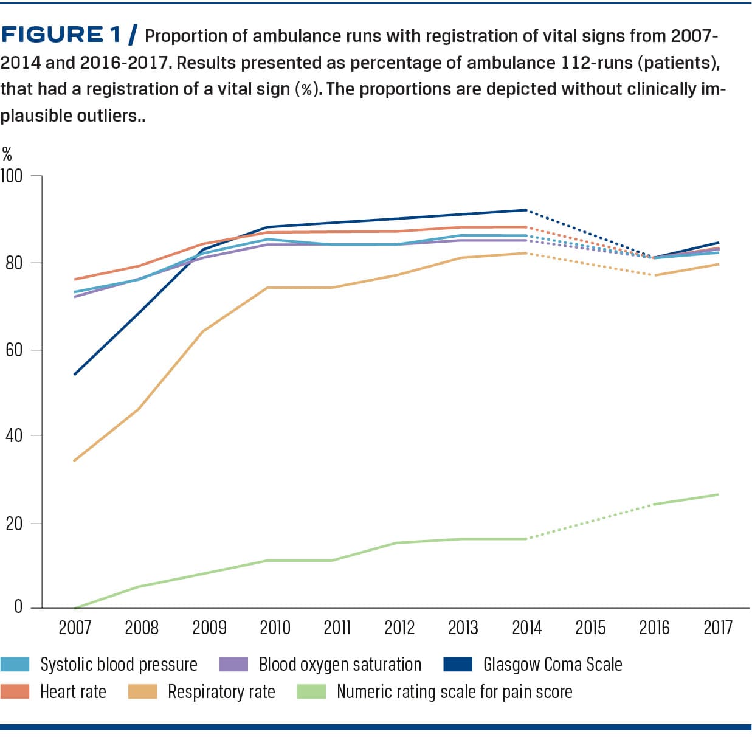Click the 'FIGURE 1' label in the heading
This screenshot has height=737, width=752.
point(61,35)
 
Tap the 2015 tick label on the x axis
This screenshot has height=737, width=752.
point(590,628)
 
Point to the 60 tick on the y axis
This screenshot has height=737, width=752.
point(14,350)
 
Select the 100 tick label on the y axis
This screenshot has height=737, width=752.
point(12,176)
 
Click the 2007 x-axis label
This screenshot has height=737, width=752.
point(75,628)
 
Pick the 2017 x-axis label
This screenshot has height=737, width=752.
point(718,628)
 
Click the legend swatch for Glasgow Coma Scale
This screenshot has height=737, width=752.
point(458,664)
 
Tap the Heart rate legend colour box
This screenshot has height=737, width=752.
point(15,691)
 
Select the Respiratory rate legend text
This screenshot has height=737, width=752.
point(221,691)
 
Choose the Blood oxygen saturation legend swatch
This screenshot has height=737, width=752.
point(233,664)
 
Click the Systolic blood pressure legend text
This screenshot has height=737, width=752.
point(119,664)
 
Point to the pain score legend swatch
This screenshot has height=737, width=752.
point(311,691)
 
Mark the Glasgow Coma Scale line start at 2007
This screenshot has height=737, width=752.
point(74,374)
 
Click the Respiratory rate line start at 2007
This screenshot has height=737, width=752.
point(74,461)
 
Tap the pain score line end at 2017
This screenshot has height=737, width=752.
point(718,494)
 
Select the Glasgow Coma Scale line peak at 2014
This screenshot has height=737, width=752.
point(526,210)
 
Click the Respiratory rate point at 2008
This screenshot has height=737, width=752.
point(139,409)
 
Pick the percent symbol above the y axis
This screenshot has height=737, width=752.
point(7,153)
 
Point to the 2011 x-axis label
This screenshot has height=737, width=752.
point(337,628)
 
